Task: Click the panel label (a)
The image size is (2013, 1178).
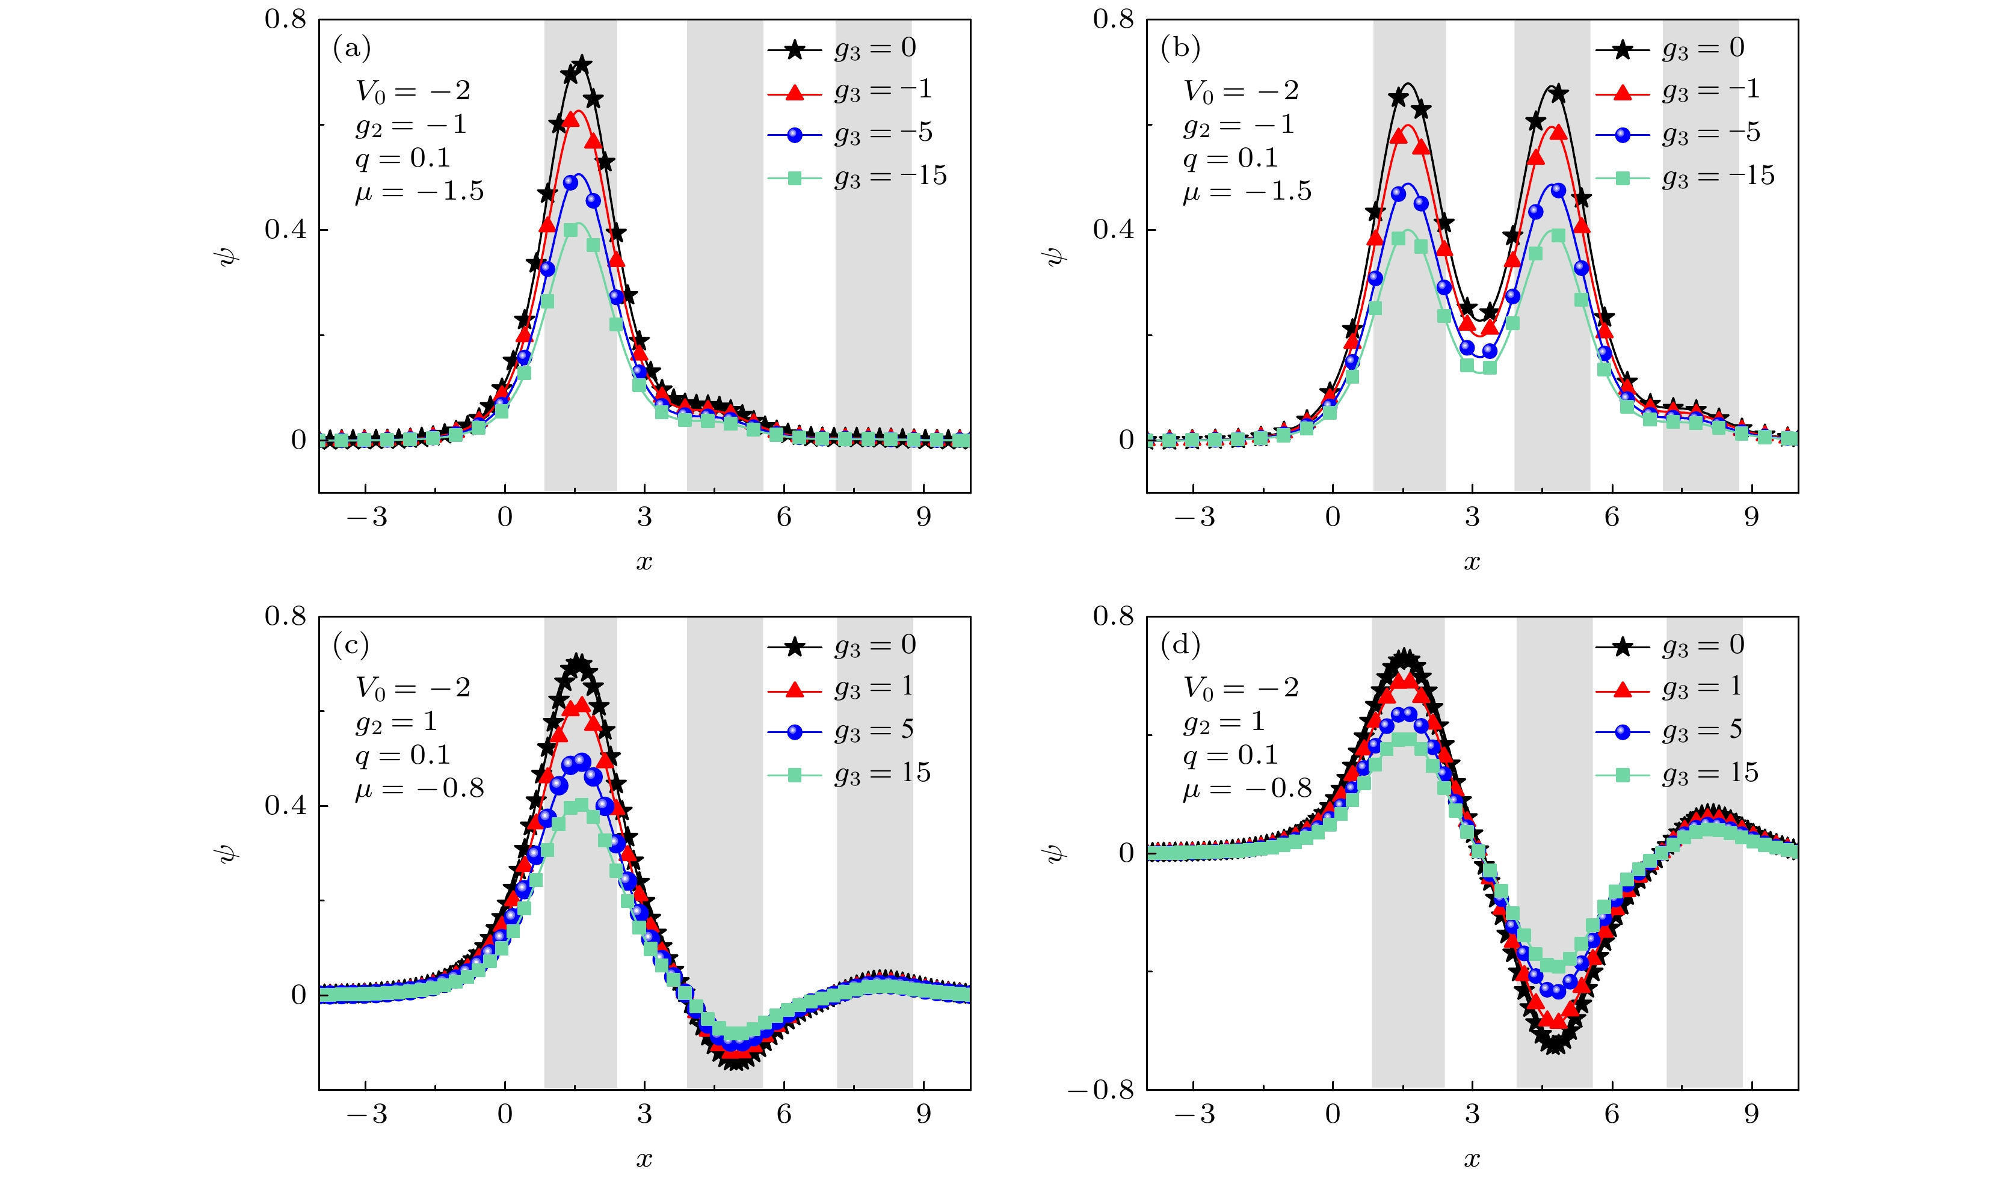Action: tap(351, 49)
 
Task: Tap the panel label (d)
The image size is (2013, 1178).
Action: tap(1180, 645)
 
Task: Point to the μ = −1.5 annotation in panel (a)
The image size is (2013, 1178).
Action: tap(419, 192)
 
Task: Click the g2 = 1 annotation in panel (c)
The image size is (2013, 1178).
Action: tap(396, 722)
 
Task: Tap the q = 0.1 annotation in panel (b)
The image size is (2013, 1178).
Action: tap(1231, 159)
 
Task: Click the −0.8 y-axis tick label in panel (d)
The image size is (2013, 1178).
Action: tap(1101, 1090)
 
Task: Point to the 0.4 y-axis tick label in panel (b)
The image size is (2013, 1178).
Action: tap(1113, 230)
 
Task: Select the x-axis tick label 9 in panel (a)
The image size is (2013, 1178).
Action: tap(923, 518)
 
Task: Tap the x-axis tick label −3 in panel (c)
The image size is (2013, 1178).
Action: tap(366, 1114)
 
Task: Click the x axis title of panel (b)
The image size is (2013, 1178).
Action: tap(1472, 562)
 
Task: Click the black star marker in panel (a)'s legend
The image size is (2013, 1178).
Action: tap(794, 51)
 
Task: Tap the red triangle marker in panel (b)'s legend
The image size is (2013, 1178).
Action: tap(1623, 93)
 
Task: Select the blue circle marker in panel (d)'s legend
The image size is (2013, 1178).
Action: tap(1623, 732)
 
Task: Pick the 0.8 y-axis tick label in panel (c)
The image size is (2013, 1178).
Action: tap(285, 616)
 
